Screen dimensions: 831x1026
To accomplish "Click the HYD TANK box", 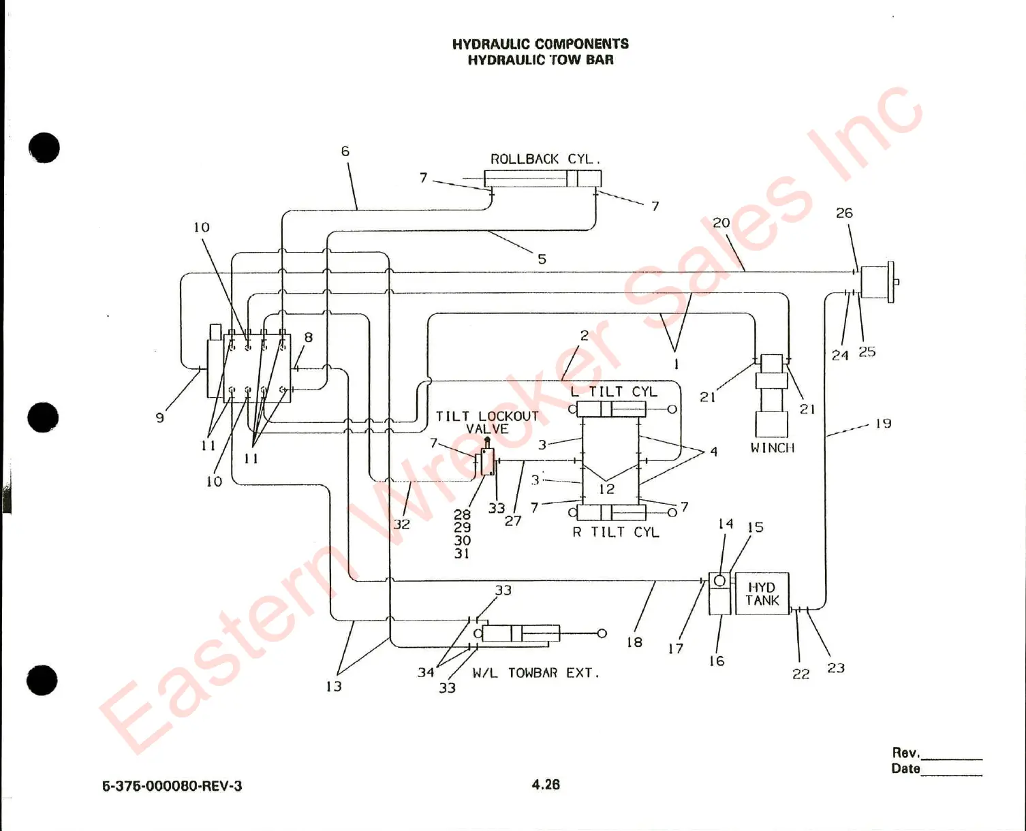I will [x=762, y=594].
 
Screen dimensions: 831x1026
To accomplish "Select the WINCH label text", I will [x=773, y=448].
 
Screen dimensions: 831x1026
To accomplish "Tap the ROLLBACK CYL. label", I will [x=545, y=159].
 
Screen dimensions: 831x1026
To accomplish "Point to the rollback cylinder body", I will [x=542, y=179].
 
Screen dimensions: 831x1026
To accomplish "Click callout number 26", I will [x=844, y=213].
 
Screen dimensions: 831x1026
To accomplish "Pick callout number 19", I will [x=884, y=424].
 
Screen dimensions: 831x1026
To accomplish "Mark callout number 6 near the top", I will [x=345, y=151].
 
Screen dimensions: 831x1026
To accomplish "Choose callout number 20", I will [x=721, y=223].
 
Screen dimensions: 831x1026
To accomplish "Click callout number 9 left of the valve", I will [x=160, y=418].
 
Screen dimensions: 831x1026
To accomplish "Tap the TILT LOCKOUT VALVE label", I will [x=487, y=422].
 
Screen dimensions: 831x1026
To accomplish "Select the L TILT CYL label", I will [x=614, y=392].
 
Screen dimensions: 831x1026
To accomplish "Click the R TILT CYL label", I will [x=616, y=532].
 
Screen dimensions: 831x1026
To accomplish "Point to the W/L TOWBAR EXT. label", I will [x=536, y=673].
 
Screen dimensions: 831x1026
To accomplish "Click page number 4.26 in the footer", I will [x=546, y=785].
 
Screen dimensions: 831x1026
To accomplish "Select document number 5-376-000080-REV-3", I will [x=172, y=786].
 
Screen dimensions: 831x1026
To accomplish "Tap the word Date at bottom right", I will [x=905, y=768].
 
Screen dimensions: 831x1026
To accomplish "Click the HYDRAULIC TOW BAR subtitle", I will [x=540, y=60].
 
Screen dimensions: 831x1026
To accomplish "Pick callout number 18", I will [x=634, y=642].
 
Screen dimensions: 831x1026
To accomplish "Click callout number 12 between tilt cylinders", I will [x=607, y=489].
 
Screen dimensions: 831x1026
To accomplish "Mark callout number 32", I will [x=401, y=524].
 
